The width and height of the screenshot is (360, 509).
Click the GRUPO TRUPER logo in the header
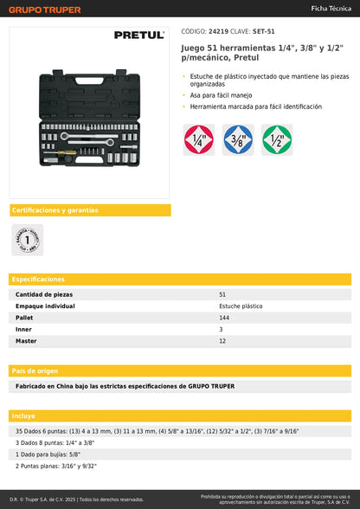point(44,10)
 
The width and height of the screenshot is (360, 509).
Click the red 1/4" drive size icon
point(198,139)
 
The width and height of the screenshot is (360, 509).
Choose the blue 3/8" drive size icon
point(238,139)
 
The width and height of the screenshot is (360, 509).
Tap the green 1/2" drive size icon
point(277,139)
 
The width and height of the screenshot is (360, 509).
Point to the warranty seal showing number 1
point(27,239)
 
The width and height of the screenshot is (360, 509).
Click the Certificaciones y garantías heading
point(55,210)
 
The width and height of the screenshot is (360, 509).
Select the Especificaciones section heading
point(38,280)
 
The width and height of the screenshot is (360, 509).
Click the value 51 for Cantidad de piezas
point(222,295)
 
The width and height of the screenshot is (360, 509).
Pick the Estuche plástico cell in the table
point(241,306)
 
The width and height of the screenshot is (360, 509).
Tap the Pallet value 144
point(225,318)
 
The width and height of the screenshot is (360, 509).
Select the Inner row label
point(23,330)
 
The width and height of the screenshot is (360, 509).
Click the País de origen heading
point(35,370)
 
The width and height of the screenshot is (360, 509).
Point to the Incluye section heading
point(25,416)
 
